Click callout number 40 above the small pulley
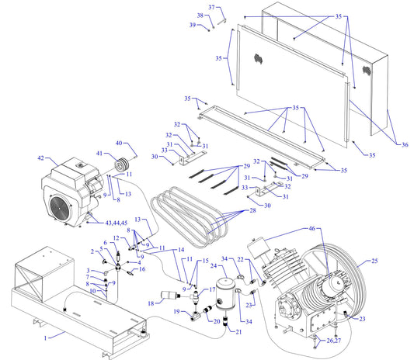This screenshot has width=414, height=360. [x=119, y=142]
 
